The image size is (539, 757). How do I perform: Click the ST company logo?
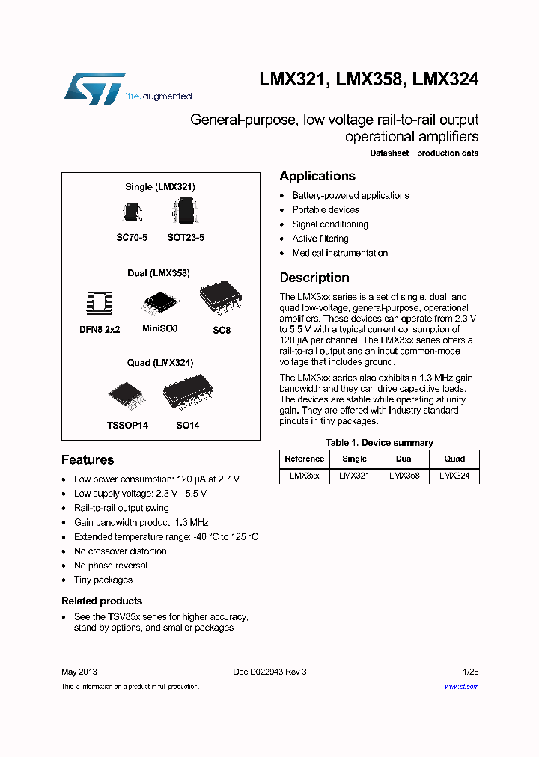(x=94, y=88)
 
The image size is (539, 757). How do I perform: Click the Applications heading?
(x=317, y=176)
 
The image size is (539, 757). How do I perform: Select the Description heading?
(x=314, y=278)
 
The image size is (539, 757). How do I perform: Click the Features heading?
(x=88, y=460)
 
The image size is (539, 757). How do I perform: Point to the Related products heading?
(x=102, y=601)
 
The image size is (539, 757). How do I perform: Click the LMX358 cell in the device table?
(x=404, y=476)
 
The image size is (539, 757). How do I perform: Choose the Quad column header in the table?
(x=454, y=459)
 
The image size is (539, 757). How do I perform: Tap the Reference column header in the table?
(x=305, y=459)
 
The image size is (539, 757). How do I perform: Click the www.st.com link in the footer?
(x=461, y=687)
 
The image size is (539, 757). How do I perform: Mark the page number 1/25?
(x=471, y=672)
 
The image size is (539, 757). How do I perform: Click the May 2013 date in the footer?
(x=79, y=672)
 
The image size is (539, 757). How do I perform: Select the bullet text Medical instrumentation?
(x=340, y=253)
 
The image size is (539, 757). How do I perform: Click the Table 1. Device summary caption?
(x=380, y=443)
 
